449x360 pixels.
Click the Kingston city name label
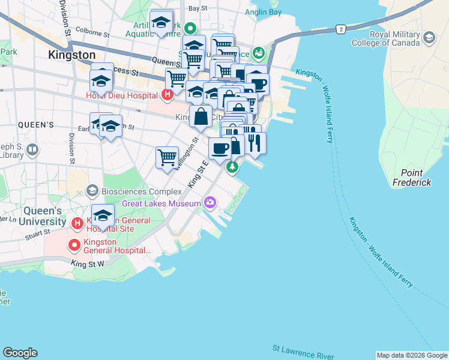pyautogui.click(x=71, y=55)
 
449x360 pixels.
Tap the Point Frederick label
pyautogui.click(x=412, y=178)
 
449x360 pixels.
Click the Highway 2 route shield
pyautogui.click(x=340, y=29)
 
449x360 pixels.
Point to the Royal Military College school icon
pyautogui.click(x=429, y=38)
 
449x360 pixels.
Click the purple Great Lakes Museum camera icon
pyautogui.click(x=209, y=203)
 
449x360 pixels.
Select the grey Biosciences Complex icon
pyautogui.click(x=92, y=191)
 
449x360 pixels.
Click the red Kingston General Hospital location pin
pyautogui.click(x=74, y=245)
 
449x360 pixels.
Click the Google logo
pyautogui.click(x=20, y=353)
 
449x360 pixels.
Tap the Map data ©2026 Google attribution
pyautogui.click(x=412, y=355)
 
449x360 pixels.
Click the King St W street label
pyautogui.click(x=87, y=263)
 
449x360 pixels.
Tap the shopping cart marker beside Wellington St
pyautogui.click(x=167, y=158)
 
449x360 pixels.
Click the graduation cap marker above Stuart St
pyautogui.click(x=103, y=215)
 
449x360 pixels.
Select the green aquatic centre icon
pyautogui.click(x=190, y=28)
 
